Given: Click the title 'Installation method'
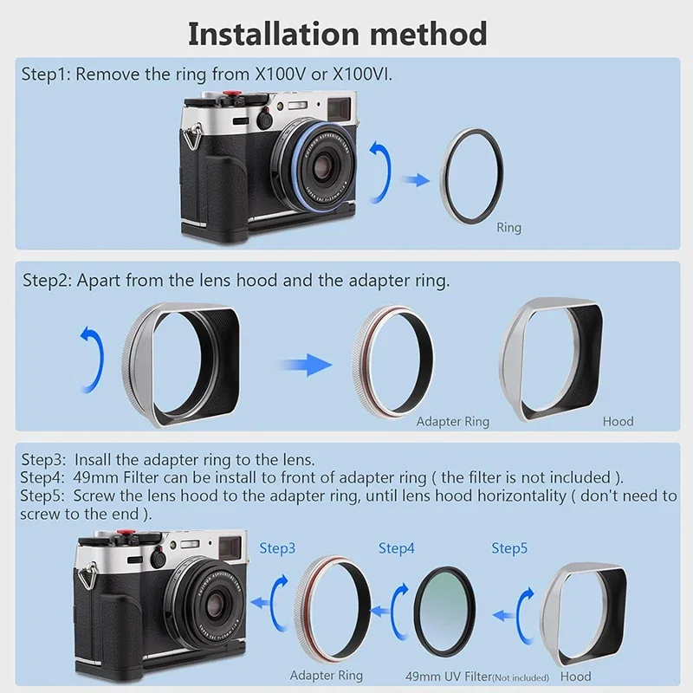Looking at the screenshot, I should coord(338,34).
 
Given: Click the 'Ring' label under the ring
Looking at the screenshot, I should coord(508,228).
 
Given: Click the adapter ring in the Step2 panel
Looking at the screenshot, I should coord(396,357).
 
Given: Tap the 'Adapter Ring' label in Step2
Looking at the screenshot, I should coord(452,422).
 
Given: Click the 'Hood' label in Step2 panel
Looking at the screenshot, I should coord(618,422).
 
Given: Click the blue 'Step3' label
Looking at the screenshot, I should coord(277,548).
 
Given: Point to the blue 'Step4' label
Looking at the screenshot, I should coord(397,548).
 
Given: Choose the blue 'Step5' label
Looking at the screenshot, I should coord(509,548).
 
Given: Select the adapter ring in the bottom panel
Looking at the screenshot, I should coord(333,611).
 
